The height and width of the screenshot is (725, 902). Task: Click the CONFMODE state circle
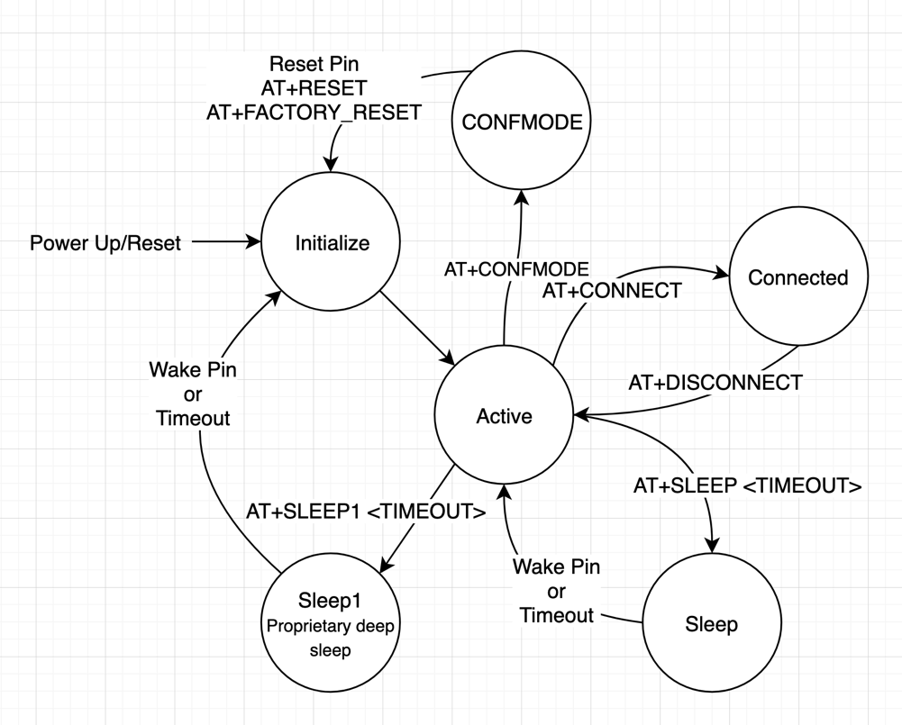pos(522,122)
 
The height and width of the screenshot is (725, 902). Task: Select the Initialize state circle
pos(332,243)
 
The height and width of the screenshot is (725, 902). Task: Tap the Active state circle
pos(504,416)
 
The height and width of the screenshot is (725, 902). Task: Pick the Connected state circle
pos(798,278)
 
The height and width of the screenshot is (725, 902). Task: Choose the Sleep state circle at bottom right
pos(711,624)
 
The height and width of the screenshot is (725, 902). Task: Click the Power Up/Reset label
pos(105,243)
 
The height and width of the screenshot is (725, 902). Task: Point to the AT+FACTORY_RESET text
pos(314,113)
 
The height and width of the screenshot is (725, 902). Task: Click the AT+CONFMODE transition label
pos(516,268)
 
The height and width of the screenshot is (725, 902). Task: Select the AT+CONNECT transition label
pos(611,291)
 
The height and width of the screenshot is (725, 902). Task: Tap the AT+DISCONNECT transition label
pos(715,383)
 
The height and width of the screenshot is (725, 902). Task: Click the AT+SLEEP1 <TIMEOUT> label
pos(366,512)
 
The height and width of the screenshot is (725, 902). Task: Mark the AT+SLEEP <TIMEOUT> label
pos(747,486)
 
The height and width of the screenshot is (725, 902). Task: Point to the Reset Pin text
pos(314,65)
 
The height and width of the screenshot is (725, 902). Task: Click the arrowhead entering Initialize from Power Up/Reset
pos(254,241)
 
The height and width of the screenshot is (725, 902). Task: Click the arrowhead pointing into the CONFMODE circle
pos(522,198)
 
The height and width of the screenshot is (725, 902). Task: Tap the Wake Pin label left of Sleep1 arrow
pos(192,369)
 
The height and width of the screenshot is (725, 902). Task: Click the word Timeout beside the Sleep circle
pos(557,615)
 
